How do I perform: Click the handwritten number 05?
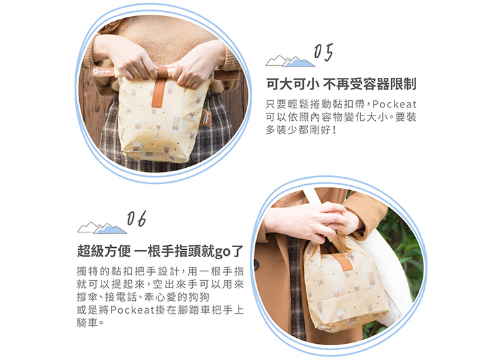[x=323, y=52]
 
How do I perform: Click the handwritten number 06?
[x=136, y=219]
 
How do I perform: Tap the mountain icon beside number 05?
[x=290, y=61]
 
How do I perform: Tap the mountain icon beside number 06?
[x=102, y=228]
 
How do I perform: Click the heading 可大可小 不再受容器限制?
[x=341, y=84]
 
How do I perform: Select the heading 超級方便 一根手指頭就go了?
[x=160, y=251]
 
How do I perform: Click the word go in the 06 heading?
[x=222, y=252]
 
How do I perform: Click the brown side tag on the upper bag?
[x=205, y=118]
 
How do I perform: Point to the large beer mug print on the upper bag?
[x=177, y=122]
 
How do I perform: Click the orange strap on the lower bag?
[x=342, y=261]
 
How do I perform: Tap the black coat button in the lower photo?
[x=256, y=265]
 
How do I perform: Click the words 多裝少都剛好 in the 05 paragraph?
[x=296, y=130]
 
